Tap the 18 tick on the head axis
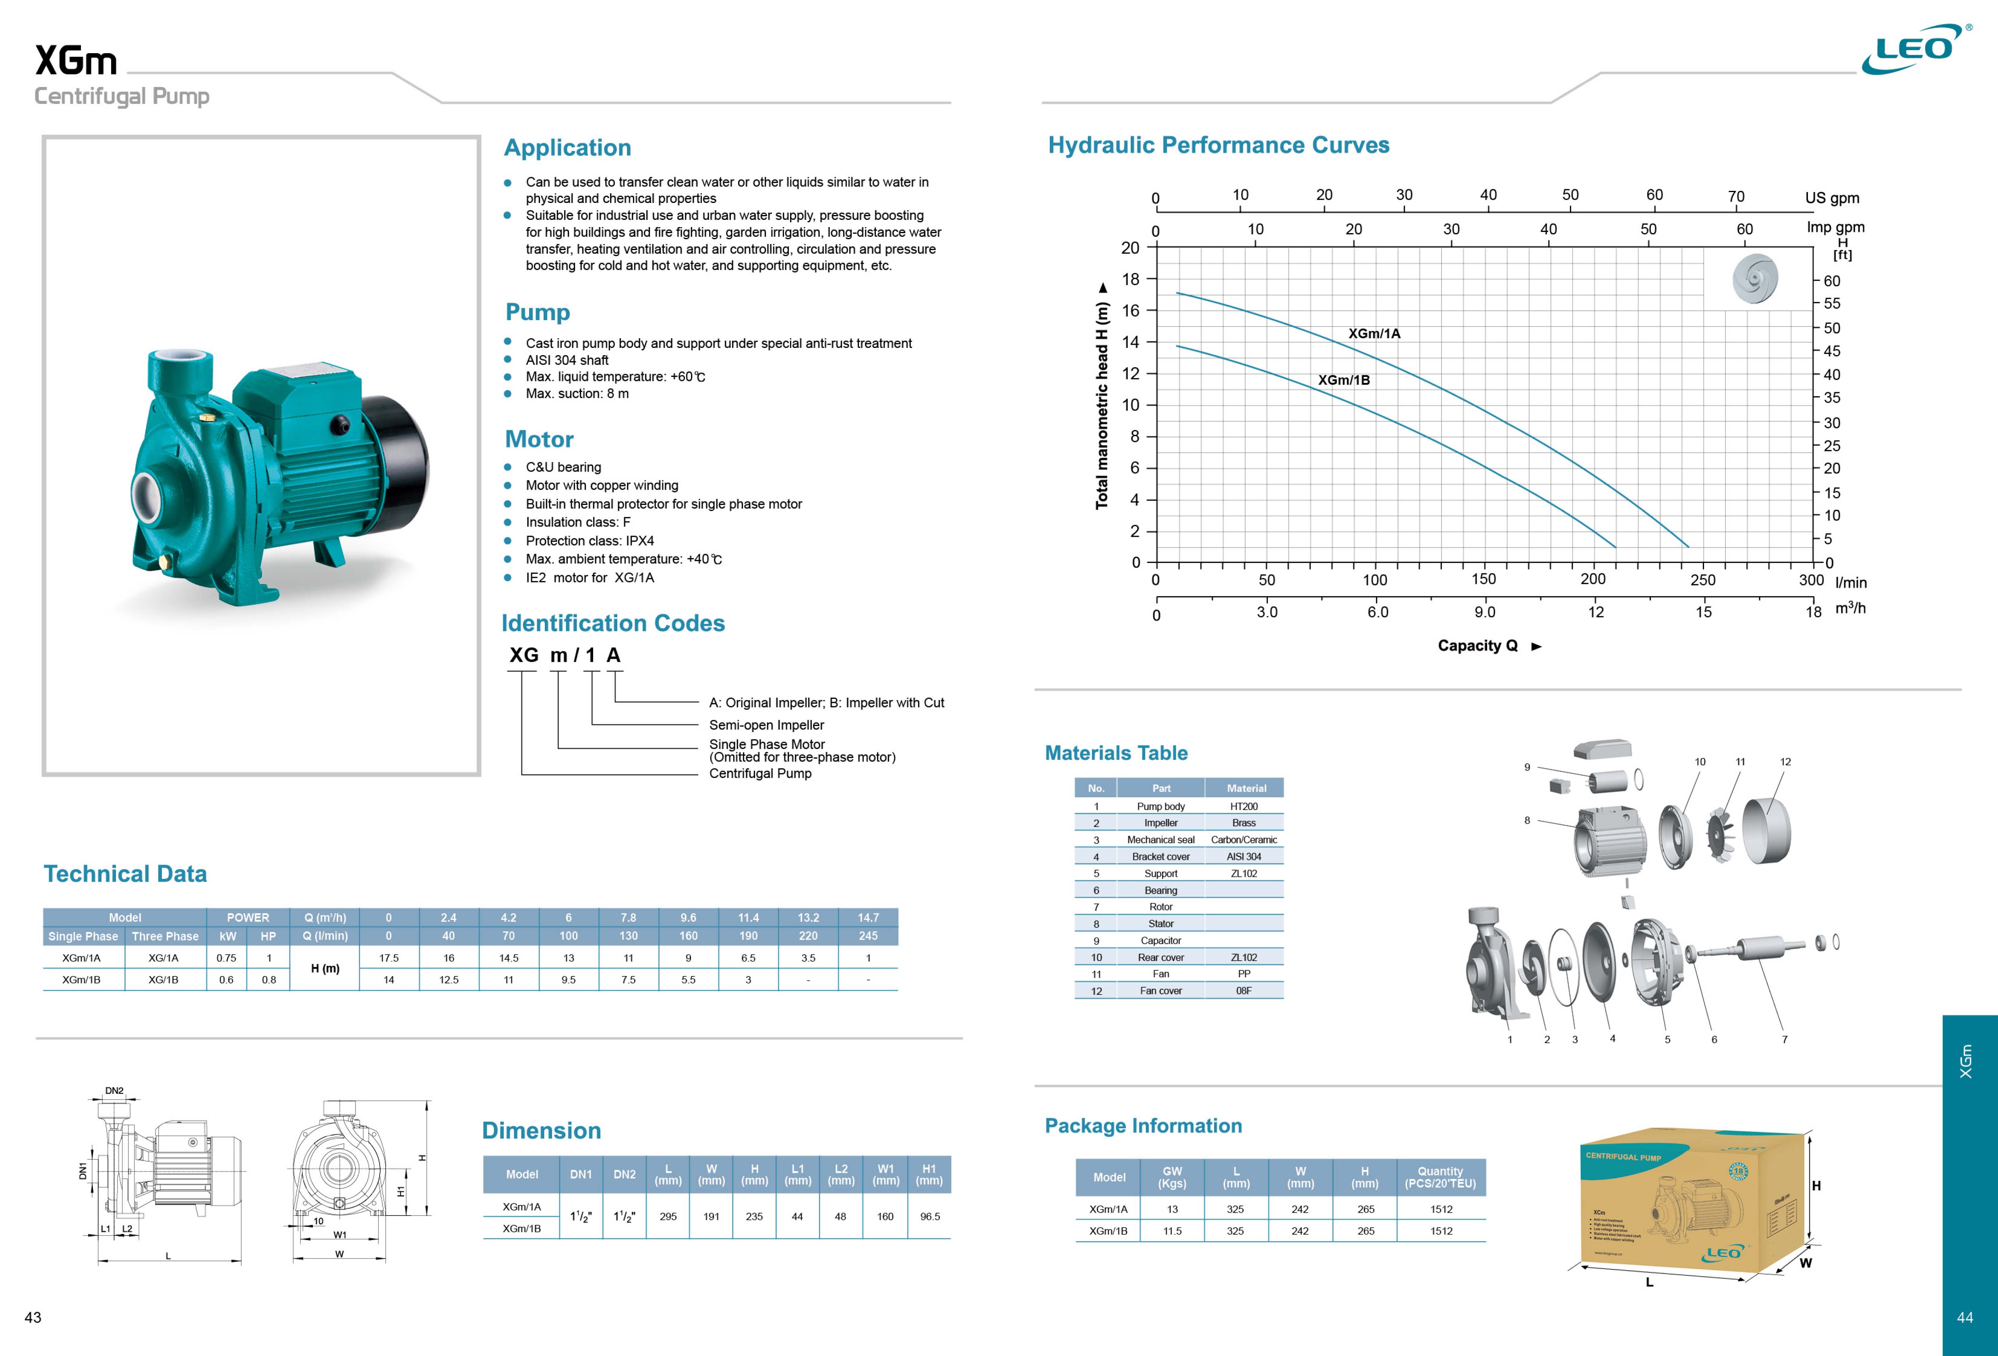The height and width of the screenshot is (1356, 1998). pyautogui.click(x=1131, y=279)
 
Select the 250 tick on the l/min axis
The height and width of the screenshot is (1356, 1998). pyautogui.click(x=1702, y=579)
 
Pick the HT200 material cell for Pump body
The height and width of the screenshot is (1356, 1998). pyautogui.click(x=1243, y=806)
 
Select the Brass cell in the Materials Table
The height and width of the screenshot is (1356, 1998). pyautogui.click(x=1243, y=823)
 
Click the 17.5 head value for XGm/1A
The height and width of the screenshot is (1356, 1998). pyautogui.click(x=389, y=958)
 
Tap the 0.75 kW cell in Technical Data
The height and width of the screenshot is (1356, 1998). pyautogui.click(x=226, y=958)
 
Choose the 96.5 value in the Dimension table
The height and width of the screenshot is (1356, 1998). pyautogui.click(x=929, y=1217)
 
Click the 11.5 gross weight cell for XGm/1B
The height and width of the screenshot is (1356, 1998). pyautogui.click(x=1172, y=1231)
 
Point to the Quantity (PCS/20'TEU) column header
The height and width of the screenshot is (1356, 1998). pyautogui.click(x=1440, y=1177)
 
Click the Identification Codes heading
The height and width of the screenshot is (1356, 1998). pyautogui.click(x=613, y=623)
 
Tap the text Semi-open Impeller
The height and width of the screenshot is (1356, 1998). pyautogui.click(x=766, y=725)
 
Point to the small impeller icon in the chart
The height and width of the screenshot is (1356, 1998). pyautogui.click(x=1755, y=278)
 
